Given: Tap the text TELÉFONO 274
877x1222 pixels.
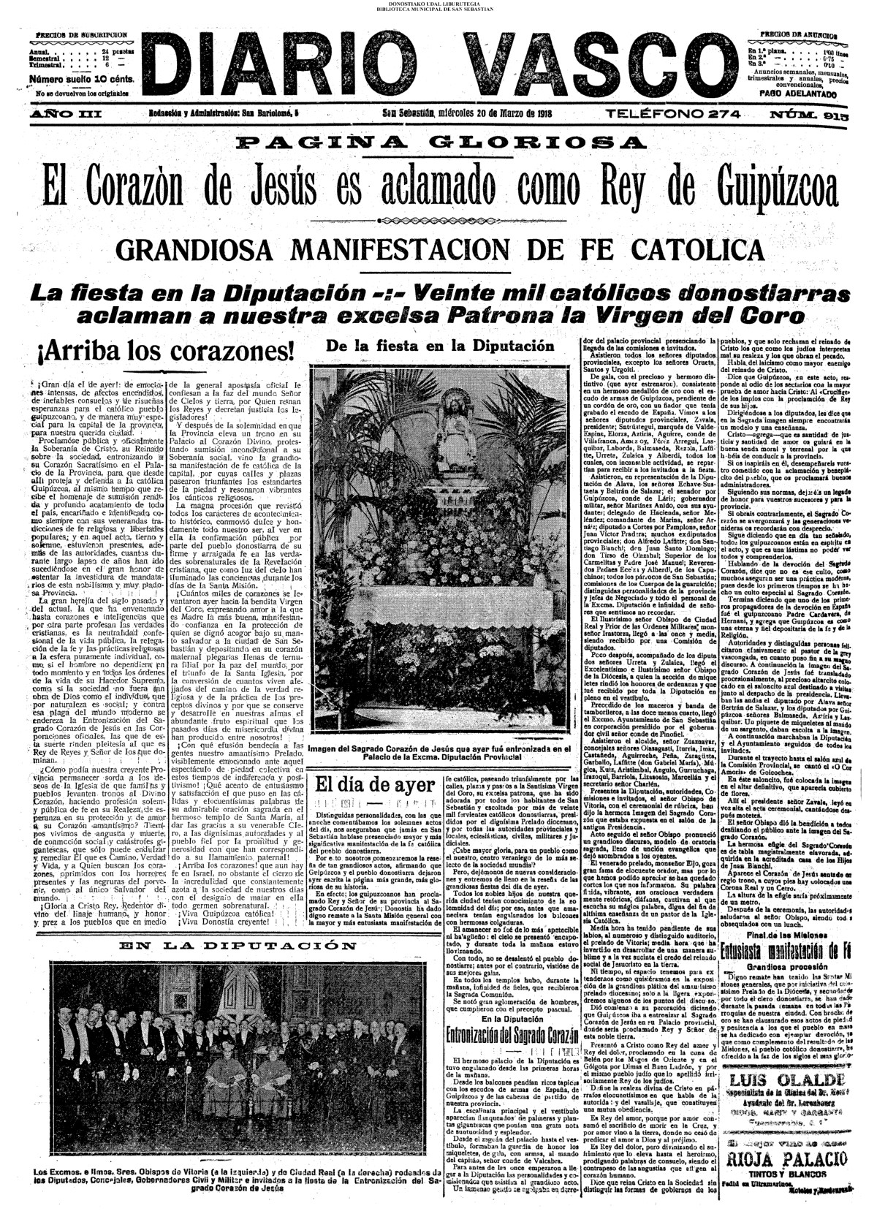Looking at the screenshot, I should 674,114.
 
